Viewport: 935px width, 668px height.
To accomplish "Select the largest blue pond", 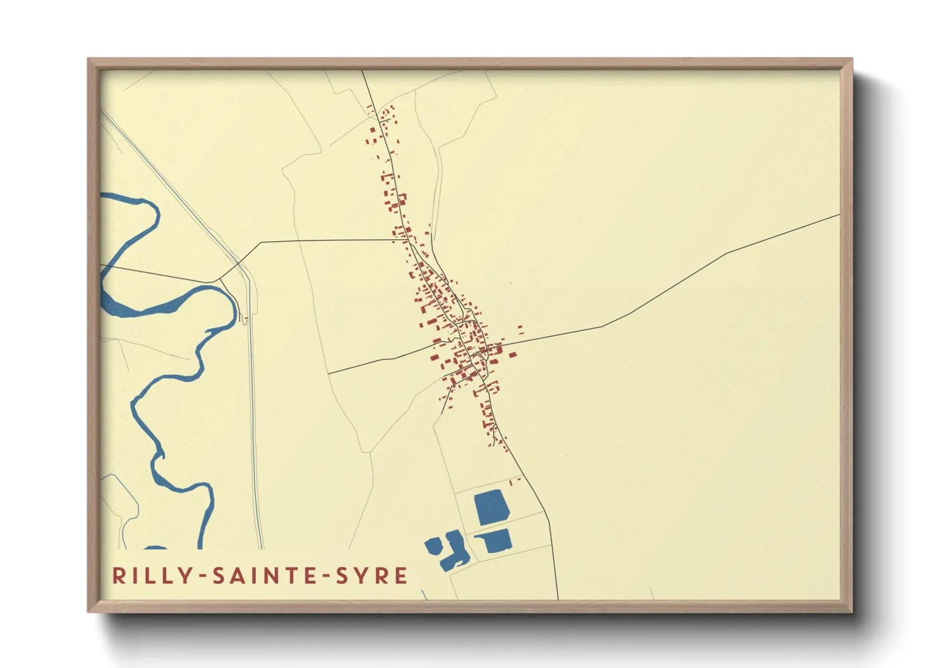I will pos(492,507).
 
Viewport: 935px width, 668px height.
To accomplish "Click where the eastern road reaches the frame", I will pos(839,215).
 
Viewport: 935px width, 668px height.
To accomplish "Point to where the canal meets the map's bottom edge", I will pos(260,547).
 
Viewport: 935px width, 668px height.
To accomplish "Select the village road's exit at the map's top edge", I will pos(362,71).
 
